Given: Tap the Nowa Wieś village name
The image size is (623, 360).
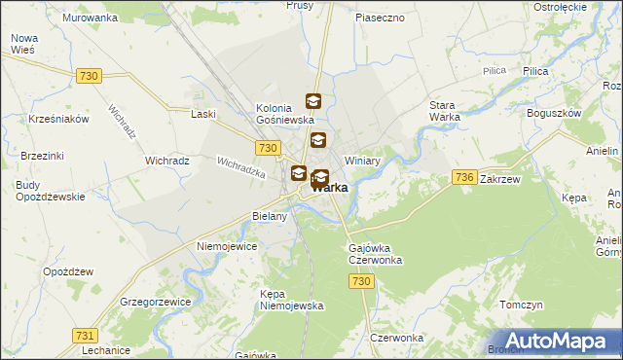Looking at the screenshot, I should pyautogui.click(x=23, y=45).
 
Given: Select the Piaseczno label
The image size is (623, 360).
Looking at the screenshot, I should pyautogui.click(x=380, y=18).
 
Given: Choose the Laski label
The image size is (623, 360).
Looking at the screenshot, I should pyautogui.click(x=203, y=114).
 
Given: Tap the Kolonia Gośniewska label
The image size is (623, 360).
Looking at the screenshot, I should pyautogui.click(x=284, y=115).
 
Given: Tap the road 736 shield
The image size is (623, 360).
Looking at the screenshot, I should pyautogui.click(x=464, y=176).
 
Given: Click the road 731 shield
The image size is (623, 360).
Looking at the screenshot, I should pyautogui.click(x=85, y=335).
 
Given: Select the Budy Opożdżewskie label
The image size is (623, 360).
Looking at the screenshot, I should pyautogui.click(x=51, y=190).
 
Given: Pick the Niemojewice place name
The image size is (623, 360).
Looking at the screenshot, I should pyautogui.click(x=227, y=247).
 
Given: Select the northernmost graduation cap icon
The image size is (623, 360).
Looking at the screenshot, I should pyautogui.click(x=313, y=100).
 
